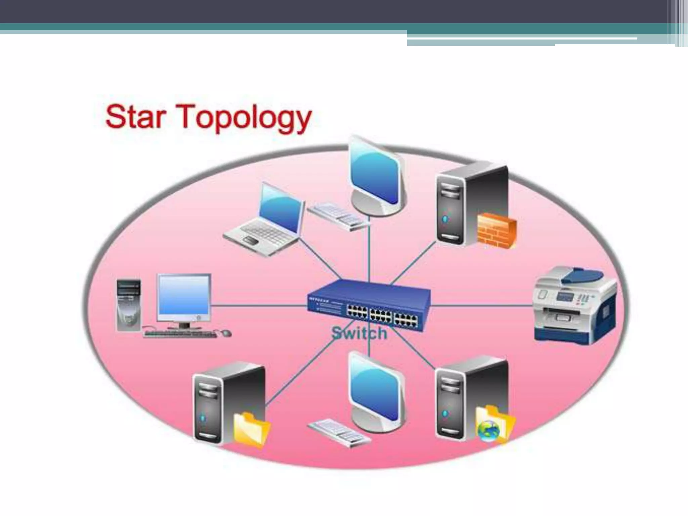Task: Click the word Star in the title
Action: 136,116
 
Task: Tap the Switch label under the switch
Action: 359,333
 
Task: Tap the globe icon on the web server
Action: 488,430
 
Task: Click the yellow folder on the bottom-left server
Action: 251,430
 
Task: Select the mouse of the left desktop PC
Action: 226,333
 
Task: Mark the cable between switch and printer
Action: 482,306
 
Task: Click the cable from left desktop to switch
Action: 259,306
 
